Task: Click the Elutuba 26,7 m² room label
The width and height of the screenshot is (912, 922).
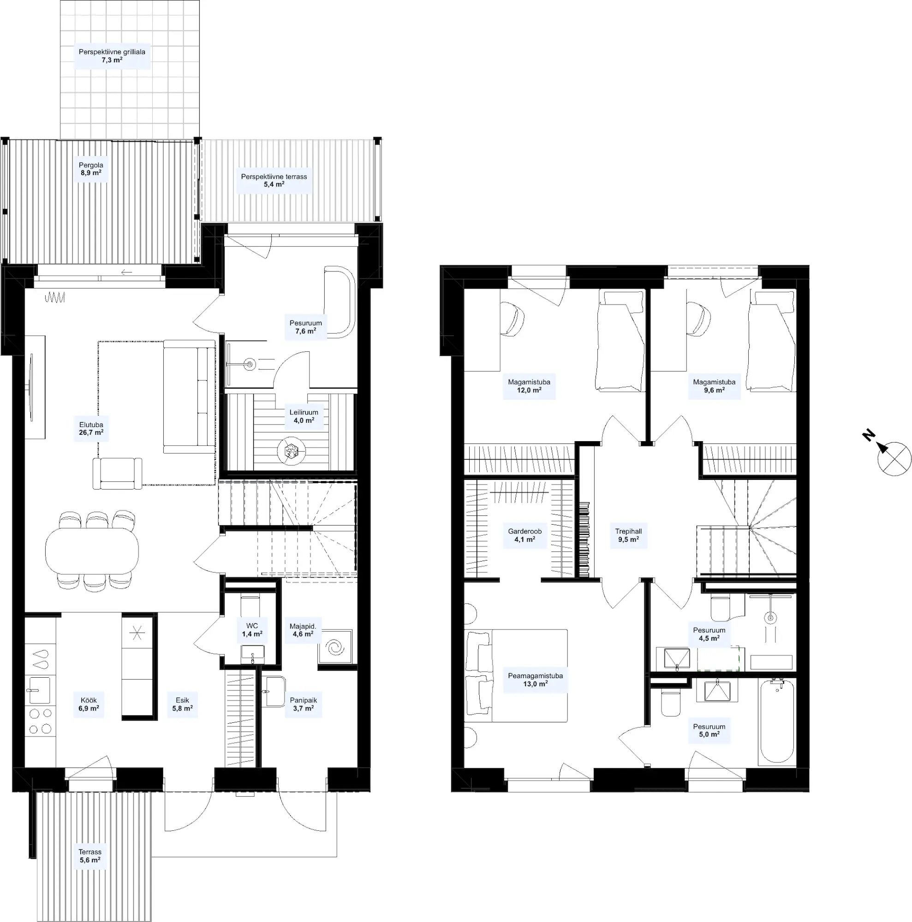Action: pos(91,429)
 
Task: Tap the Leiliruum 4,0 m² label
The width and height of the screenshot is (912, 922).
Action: pos(304,417)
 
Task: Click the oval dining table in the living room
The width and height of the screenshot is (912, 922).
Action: pos(92,550)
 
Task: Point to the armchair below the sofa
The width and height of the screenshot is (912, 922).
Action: pos(118,473)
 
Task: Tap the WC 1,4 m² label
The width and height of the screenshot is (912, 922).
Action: pos(252,630)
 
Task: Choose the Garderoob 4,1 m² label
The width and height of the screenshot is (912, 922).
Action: pos(525,535)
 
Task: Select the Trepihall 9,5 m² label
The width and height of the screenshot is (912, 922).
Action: pos(628,535)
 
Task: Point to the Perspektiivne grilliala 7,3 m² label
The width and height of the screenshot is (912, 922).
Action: pos(112,56)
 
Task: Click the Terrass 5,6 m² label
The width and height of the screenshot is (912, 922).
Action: pos(90,856)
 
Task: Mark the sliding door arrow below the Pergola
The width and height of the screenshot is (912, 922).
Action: pos(126,272)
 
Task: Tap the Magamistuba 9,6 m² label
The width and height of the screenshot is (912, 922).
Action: pos(714,386)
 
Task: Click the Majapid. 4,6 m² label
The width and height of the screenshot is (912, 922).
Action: pos(303,630)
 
